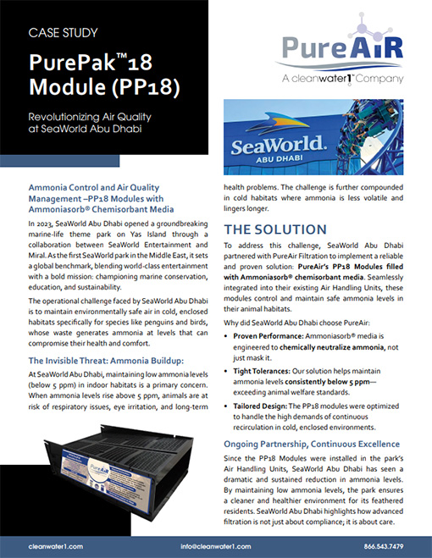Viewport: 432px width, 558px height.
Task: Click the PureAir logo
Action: (325, 47)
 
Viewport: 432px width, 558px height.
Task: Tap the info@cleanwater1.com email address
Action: (215, 545)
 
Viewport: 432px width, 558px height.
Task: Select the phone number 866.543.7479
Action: (383, 545)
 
